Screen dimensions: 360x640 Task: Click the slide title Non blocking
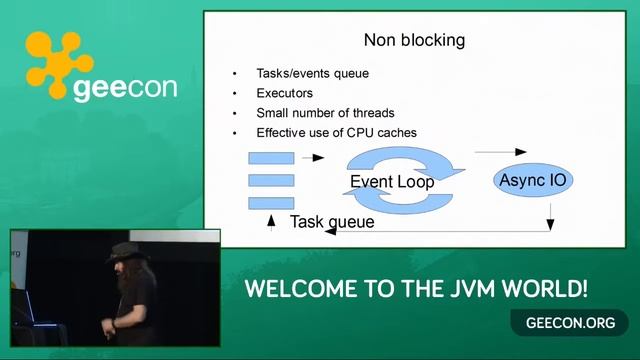[414, 41]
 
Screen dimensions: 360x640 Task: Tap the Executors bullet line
[285, 94]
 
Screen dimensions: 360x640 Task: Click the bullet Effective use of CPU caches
[336, 132]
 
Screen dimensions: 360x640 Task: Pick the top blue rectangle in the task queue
[271, 158]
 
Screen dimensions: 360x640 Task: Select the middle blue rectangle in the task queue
[271, 180]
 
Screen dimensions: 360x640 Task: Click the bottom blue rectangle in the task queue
[271, 203]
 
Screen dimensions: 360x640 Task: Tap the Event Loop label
[392, 182]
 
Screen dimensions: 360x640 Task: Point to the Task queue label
[332, 222]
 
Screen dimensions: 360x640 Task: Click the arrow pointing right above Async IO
[500, 152]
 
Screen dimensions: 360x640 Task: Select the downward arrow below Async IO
[551, 216]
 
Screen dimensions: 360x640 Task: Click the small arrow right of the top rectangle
[313, 158]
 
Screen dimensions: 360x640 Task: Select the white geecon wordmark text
[125, 88]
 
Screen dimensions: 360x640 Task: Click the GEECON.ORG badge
[563, 323]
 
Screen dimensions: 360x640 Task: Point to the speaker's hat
[124, 250]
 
